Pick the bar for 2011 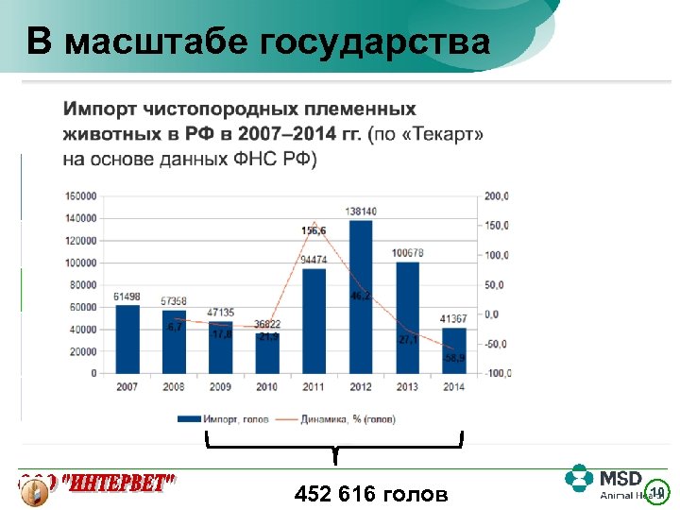click(x=314, y=320)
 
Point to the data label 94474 click(x=314, y=260)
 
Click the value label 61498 click(x=127, y=297)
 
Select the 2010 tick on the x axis click(x=267, y=386)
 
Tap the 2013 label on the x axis click(x=407, y=386)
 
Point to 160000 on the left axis click(x=80, y=196)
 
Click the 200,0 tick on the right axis click(x=497, y=196)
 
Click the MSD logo click(x=604, y=482)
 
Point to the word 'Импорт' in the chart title click(x=102, y=110)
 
